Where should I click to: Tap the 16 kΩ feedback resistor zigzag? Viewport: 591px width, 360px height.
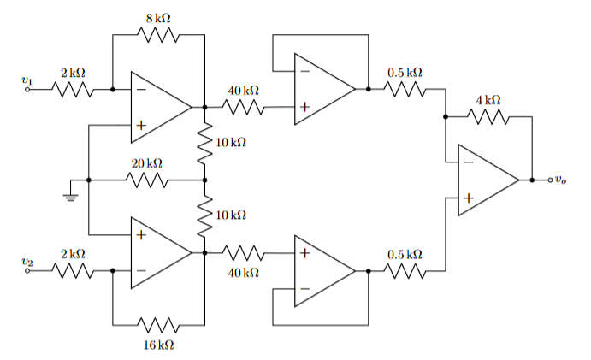(x=158, y=326)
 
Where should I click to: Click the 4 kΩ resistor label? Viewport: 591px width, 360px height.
(x=488, y=100)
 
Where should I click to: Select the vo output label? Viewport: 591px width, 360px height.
(x=559, y=180)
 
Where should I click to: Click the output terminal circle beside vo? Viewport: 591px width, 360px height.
(x=547, y=180)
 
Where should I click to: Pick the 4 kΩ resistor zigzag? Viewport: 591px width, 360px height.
(x=488, y=118)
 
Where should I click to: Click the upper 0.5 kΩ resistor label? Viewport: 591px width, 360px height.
(x=405, y=73)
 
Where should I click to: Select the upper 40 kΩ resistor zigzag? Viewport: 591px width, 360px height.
(x=244, y=108)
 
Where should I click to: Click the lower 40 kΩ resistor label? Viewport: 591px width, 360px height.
(x=244, y=272)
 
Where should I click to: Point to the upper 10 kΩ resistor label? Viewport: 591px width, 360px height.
(x=231, y=141)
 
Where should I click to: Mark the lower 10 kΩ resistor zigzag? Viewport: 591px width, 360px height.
(x=205, y=216)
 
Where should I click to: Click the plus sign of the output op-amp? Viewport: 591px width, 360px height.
(x=468, y=198)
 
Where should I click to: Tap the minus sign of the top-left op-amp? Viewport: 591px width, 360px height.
(x=140, y=89)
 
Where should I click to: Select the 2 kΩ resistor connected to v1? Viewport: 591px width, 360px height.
(x=73, y=89)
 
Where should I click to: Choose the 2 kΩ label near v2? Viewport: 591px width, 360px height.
(x=73, y=254)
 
